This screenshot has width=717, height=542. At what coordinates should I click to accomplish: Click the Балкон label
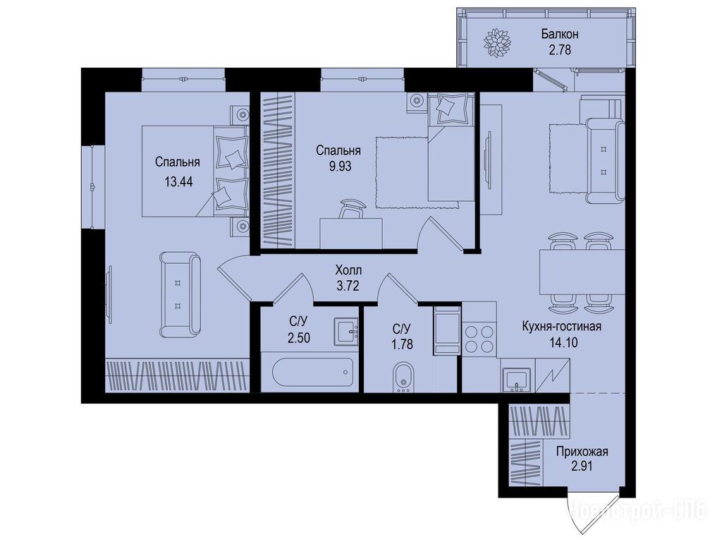(x=560, y=34)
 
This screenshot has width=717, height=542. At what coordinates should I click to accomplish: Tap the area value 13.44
(x=178, y=182)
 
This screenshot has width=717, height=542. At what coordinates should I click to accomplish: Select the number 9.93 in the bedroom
(x=341, y=166)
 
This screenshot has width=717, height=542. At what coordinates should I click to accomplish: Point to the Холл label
(x=348, y=270)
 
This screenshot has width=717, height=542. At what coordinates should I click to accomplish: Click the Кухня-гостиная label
(x=561, y=326)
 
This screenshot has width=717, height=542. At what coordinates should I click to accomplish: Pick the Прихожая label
(x=582, y=452)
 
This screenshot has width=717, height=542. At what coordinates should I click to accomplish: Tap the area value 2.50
(x=299, y=338)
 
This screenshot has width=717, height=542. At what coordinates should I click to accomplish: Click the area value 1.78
(x=403, y=344)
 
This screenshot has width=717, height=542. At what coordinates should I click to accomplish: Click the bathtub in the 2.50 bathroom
(x=313, y=373)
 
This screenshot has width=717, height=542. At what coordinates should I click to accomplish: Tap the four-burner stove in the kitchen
(x=479, y=338)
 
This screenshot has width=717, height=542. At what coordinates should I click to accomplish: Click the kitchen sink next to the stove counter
(x=517, y=379)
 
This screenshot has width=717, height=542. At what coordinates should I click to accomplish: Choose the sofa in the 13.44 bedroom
(x=180, y=295)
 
